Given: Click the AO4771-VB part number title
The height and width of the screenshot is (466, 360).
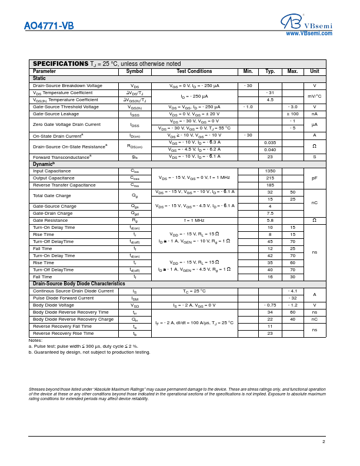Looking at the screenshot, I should tap(49, 26).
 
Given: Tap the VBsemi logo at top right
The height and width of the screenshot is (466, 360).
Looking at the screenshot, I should tap(306, 22).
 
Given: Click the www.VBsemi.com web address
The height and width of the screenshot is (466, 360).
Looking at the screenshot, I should tap(309, 34).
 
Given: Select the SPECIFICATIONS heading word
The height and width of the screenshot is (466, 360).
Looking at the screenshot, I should tap(61, 64).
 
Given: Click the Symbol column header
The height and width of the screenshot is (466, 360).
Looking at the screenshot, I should tap(135, 71).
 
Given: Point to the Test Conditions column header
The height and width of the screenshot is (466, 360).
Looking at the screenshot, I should tap(194, 71).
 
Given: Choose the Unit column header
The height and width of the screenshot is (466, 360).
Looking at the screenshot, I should tap(315, 71).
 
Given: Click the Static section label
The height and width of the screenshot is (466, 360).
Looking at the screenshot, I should tap(39, 78).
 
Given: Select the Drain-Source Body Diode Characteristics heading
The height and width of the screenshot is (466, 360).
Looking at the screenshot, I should tap(79, 284).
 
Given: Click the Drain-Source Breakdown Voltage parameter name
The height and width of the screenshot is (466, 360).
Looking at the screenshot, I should tap(68, 86).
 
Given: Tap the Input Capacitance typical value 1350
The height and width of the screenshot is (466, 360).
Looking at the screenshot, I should tap(270, 171).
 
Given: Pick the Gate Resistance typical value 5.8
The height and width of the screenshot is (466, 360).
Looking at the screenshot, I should tap(270, 220).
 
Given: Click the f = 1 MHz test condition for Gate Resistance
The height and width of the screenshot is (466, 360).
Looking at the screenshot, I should tap(194, 220).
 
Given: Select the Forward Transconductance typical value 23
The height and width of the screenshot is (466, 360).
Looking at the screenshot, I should tap(270, 157).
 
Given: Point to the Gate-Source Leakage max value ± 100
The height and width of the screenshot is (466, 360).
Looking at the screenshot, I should tap(292, 114).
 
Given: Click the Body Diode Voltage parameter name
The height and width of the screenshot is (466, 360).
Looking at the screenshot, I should tap(54, 305).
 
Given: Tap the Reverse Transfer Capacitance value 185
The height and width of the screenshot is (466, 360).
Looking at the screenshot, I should tap(270, 185).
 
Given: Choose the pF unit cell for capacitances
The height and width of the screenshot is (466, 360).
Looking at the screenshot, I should tap(315, 178).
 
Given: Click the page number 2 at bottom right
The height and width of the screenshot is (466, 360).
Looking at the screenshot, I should tap(323, 441).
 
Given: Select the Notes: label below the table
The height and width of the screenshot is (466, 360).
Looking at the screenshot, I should tap(35, 340).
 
